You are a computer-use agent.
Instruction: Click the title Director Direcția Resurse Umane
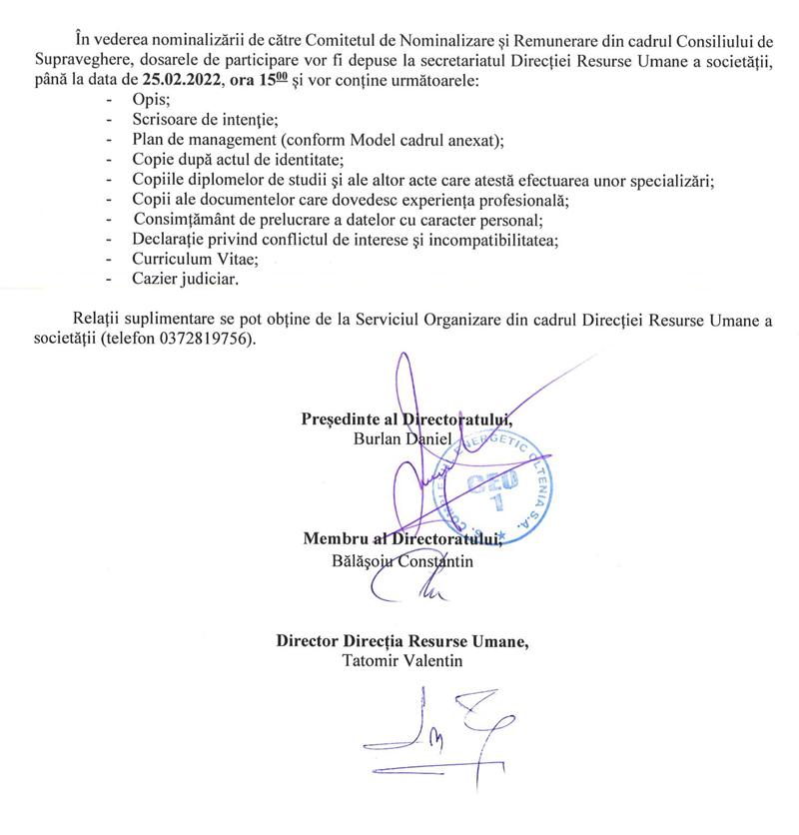(402, 641)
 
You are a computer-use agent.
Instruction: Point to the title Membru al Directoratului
(399, 540)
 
